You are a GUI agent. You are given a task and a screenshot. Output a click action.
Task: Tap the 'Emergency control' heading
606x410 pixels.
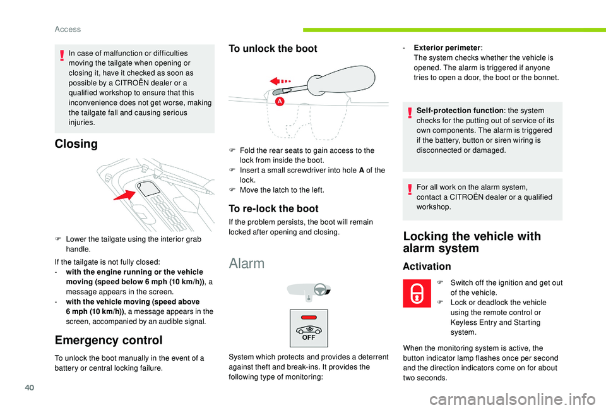coord(109,340)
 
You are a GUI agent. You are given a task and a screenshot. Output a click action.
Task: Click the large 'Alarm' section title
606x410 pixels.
coord(247,263)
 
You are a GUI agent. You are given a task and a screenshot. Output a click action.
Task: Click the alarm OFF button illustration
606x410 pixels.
coord(309,327)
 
